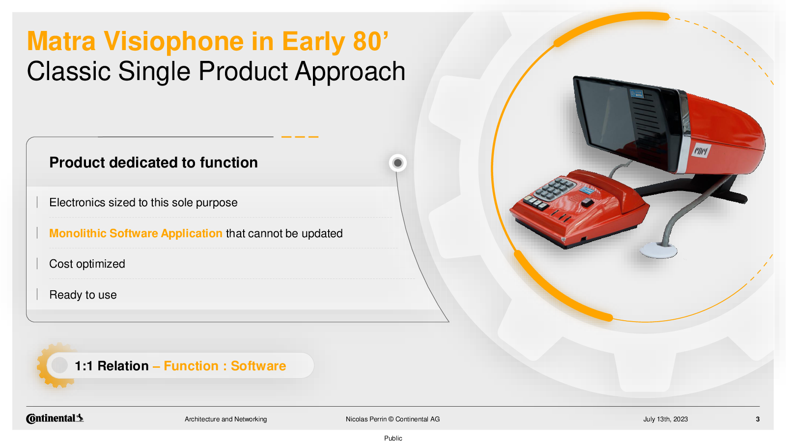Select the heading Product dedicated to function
pyautogui.click(x=153, y=163)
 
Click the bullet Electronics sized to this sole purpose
pyautogui.click(x=143, y=203)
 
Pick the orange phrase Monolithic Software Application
pyautogui.click(x=136, y=233)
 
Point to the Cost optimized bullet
pyautogui.click(x=87, y=264)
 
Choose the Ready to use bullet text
pyautogui.click(x=83, y=295)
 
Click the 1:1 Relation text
pyautogui.click(x=112, y=366)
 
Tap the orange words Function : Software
pyautogui.click(x=225, y=366)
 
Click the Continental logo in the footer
pyautogui.click(x=55, y=418)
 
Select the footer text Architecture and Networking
pyautogui.click(x=225, y=419)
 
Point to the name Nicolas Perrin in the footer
pyautogui.click(x=366, y=419)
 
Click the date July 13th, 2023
pyautogui.click(x=665, y=419)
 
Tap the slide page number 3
pyautogui.click(x=758, y=419)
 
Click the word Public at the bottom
pyautogui.click(x=393, y=438)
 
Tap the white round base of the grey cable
pyautogui.click(x=658, y=250)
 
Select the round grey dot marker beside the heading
pyautogui.click(x=397, y=163)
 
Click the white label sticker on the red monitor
pyautogui.click(x=701, y=151)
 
